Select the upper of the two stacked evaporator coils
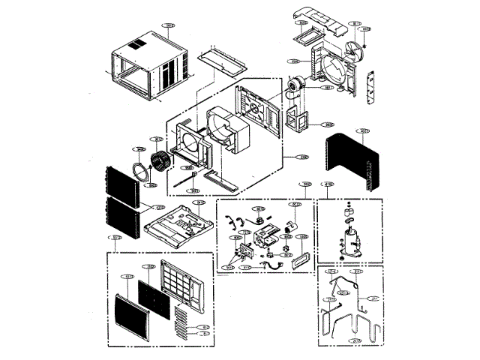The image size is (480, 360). pyautogui.click(x=120, y=183)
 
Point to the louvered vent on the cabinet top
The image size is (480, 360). pyautogui.click(x=133, y=45)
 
